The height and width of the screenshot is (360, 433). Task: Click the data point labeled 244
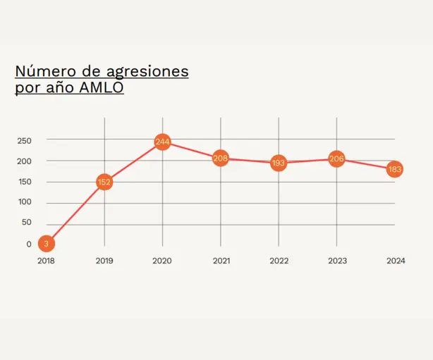[x=162, y=142]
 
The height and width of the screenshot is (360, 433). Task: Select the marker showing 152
[x=104, y=182]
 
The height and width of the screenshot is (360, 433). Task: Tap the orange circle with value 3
[x=46, y=244]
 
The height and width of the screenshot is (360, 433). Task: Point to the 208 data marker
[x=221, y=159]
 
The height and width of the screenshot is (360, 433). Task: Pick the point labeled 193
[x=279, y=163]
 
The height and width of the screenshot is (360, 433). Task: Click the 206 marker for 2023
[x=337, y=159]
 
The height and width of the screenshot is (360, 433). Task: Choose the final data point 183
[x=395, y=169]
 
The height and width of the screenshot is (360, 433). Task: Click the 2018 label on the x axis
[x=46, y=261]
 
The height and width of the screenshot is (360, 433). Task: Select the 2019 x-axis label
[x=104, y=261]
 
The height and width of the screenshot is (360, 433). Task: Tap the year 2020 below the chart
[x=162, y=261]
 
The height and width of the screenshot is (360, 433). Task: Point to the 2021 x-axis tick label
[x=221, y=261]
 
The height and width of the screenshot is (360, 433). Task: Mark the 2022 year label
[x=279, y=261]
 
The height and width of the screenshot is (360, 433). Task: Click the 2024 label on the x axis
[x=396, y=261]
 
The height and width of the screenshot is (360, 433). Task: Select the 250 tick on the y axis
[x=25, y=140]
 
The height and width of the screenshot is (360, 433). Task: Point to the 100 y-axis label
[x=25, y=203]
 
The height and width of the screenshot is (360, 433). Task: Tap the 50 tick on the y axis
[x=27, y=223]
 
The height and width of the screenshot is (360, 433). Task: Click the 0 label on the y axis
[x=29, y=244]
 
